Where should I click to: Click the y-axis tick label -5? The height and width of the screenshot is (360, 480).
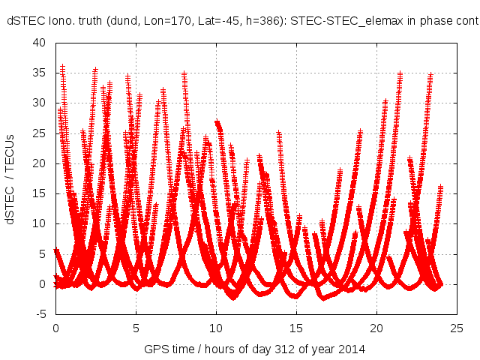click(x=42, y=313)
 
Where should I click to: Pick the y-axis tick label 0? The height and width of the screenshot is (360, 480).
click(x=45, y=283)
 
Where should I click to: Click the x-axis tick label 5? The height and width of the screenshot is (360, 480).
click(x=136, y=328)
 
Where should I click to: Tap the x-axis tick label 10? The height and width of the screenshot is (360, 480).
click(x=216, y=328)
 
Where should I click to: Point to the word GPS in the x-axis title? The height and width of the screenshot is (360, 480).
click(x=155, y=349)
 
